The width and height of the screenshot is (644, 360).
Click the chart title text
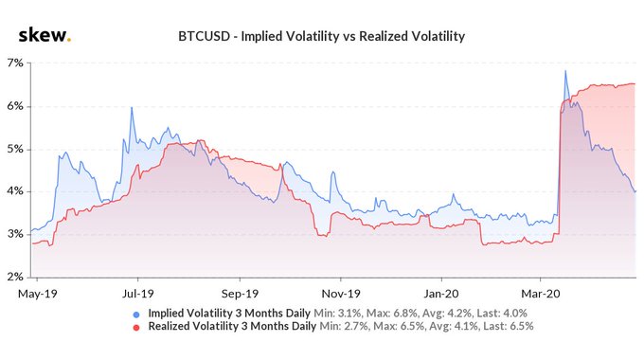coord(322,37)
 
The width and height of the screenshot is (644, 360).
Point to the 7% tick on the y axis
coord(16,63)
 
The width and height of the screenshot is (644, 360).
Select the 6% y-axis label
coord(16,106)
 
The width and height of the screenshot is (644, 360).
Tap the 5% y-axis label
coord(16,149)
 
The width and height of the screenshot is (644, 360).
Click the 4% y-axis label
coord(16,191)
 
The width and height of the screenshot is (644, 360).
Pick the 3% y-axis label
coord(16,234)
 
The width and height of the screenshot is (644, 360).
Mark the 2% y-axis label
coord(16,277)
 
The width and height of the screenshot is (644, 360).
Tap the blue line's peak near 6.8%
coord(565,71)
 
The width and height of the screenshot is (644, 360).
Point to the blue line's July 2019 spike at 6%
coord(132,108)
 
